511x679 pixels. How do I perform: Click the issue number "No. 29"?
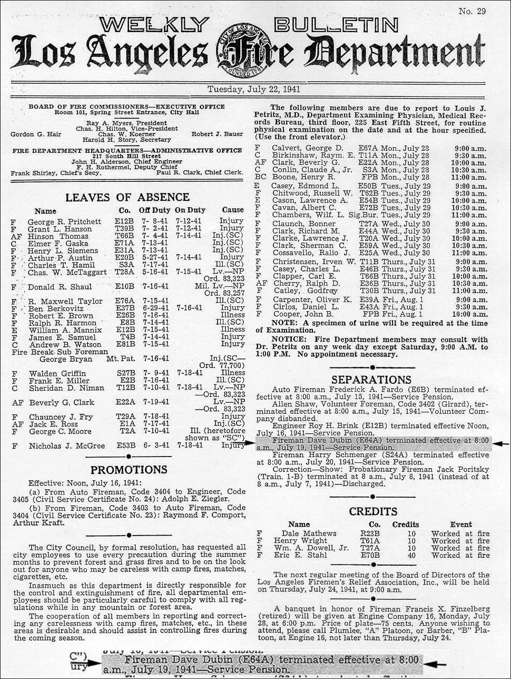(x=472, y=12)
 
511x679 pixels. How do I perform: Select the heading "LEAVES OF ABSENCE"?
(x=127, y=197)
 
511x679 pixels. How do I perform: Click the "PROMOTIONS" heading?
(x=129, y=469)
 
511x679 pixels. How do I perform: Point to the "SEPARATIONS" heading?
(x=371, y=380)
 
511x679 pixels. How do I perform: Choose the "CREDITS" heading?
(x=372, y=511)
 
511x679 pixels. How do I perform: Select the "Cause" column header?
(x=232, y=210)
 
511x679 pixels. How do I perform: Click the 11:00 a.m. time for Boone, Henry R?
(x=470, y=178)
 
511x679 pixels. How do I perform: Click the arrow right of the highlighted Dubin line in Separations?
(x=500, y=444)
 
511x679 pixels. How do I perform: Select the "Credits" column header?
(x=406, y=525)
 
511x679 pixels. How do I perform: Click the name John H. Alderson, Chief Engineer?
(x=126, y=162)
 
